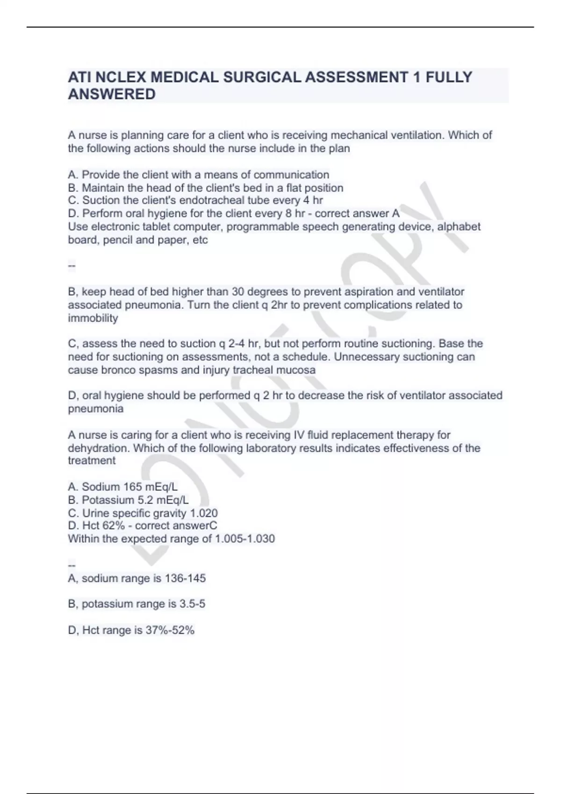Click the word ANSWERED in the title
[x=112, y=94]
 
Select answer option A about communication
[x=199, y=175]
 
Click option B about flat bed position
[x=206, y=188]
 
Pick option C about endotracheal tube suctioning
[x=195, y=200]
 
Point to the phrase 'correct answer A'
[x=357, y=213]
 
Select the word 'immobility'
[x=93, y=318]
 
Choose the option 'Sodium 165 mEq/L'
[x=122, y=487]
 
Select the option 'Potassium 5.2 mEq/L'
[x=129, y=500]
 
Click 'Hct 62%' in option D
[x=103, y=525]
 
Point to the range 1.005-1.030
[x=245, y=539]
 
